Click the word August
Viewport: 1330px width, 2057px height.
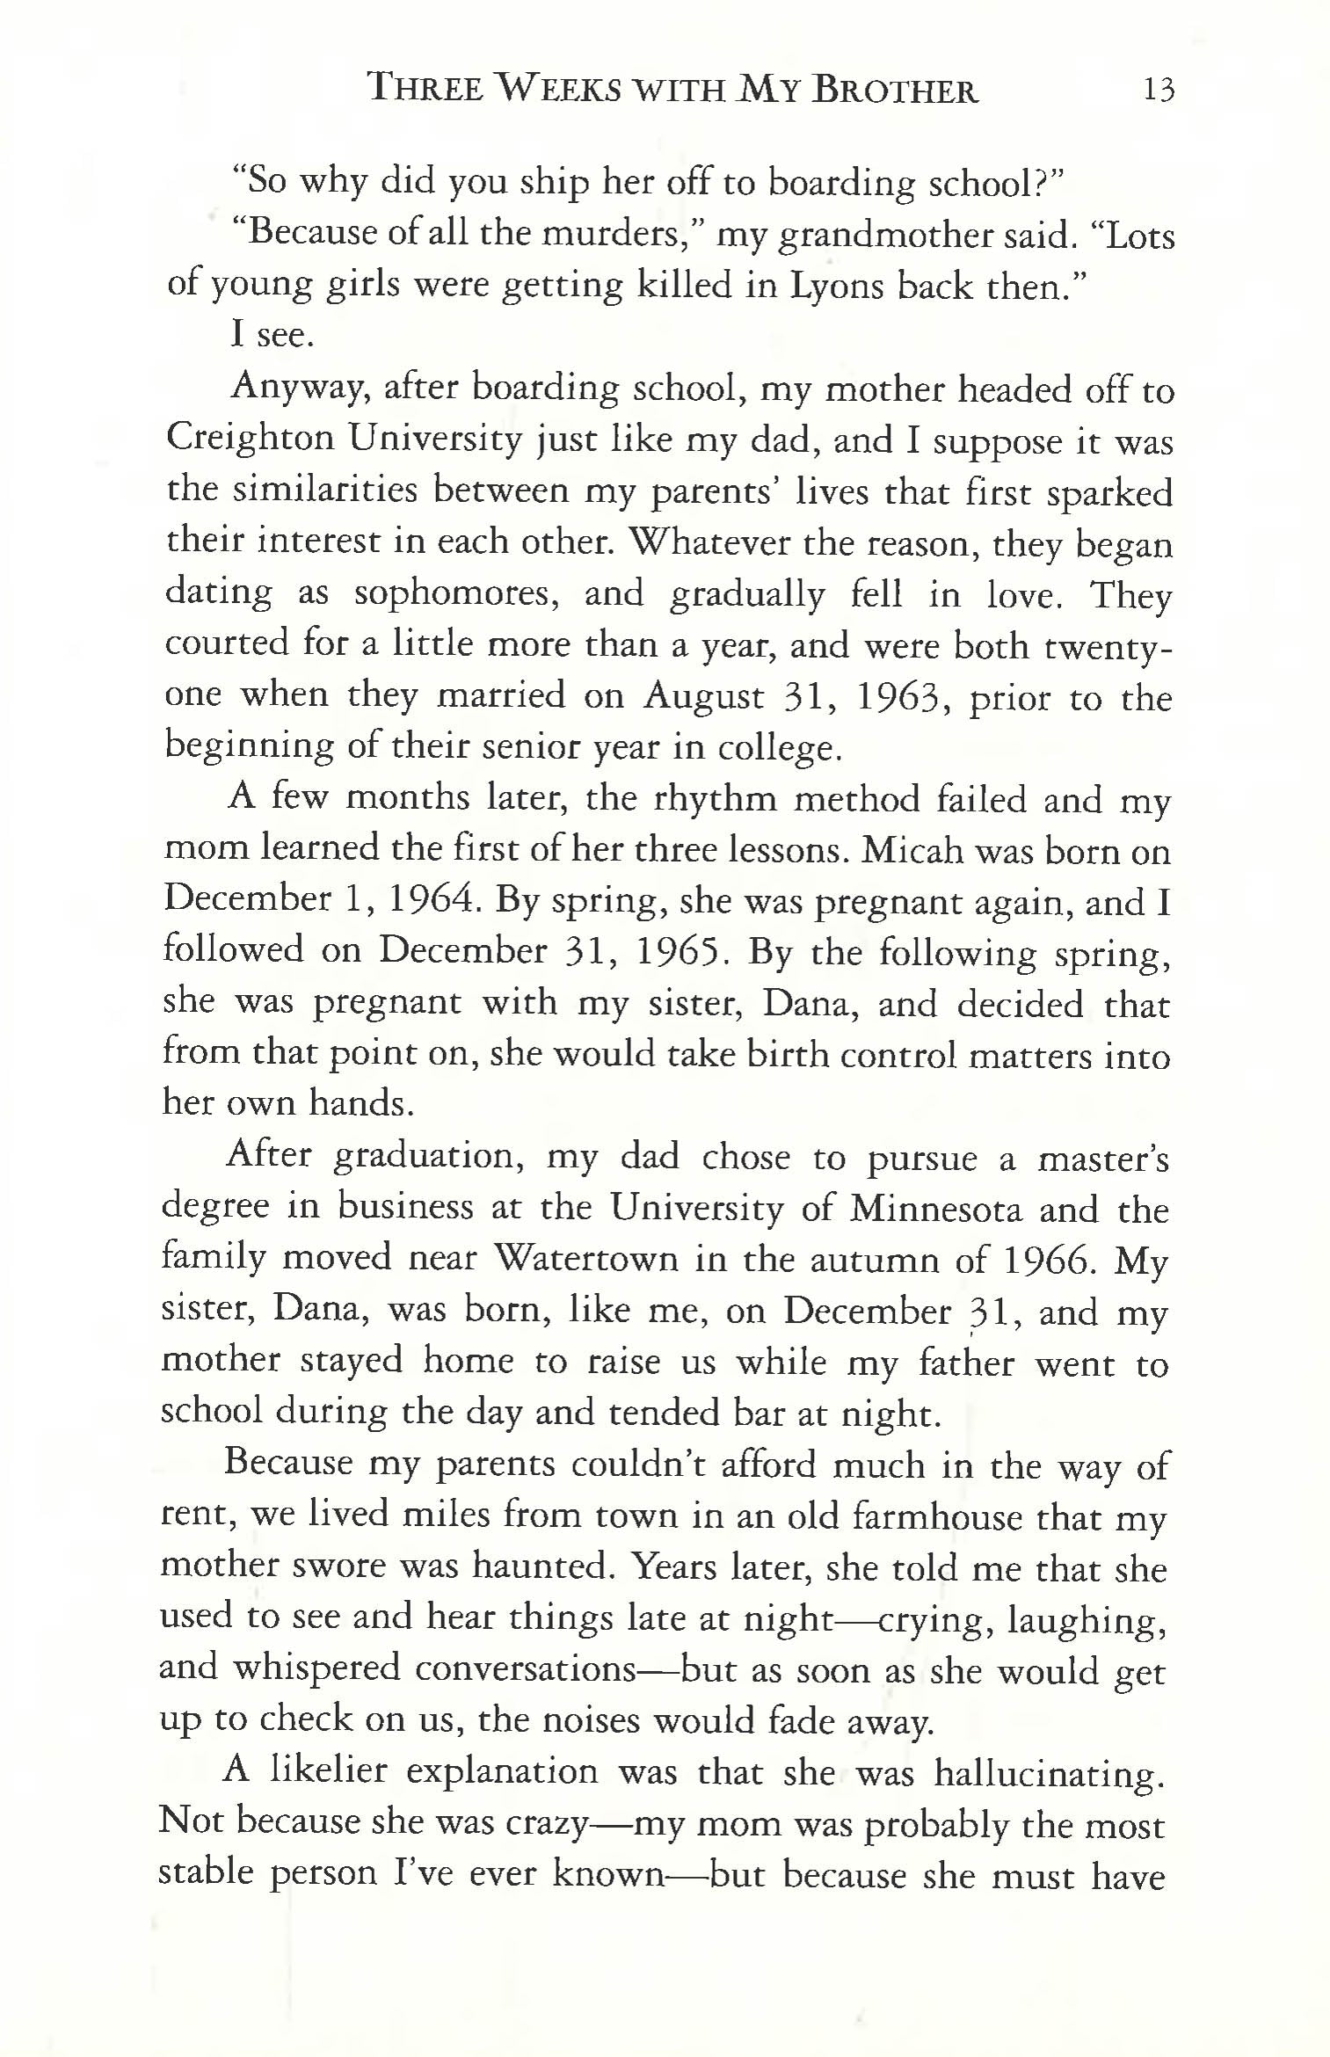703,697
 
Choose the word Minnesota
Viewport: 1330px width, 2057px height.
936,1209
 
